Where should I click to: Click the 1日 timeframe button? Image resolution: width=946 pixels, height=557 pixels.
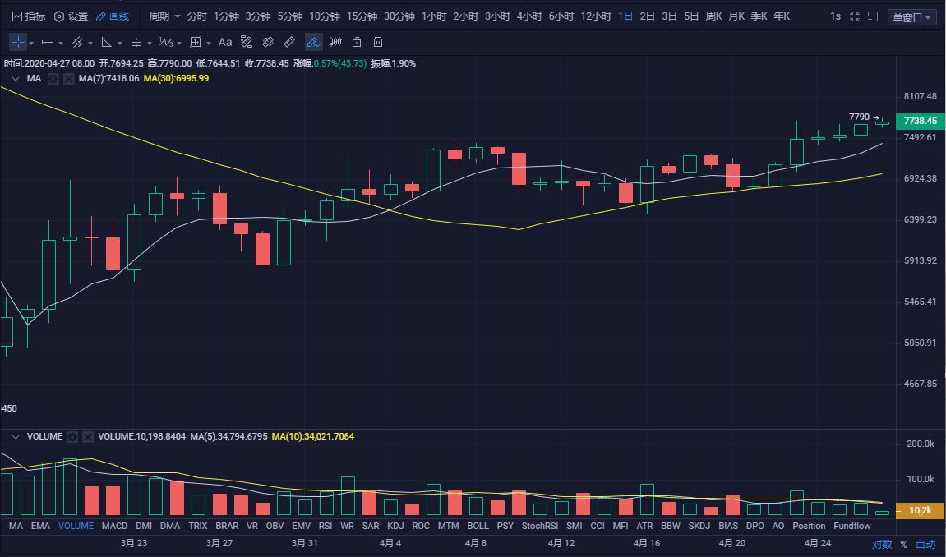625,16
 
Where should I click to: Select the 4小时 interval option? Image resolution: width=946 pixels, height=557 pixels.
529,16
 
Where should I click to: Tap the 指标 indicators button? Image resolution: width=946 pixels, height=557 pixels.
29,16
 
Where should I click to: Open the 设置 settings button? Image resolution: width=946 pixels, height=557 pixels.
72,16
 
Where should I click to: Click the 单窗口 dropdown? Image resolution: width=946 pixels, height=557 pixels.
912,17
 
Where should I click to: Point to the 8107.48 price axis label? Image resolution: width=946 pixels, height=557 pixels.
920,96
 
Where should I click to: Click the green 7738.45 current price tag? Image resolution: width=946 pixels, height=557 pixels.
920,122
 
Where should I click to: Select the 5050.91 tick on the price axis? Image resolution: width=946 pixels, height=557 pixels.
920,343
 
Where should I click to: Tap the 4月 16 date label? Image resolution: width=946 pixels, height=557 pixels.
646,543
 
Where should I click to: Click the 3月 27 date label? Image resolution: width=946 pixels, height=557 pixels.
219,543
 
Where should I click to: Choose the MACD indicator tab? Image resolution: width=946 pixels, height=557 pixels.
115,526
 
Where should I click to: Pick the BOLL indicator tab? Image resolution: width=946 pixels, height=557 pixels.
478,526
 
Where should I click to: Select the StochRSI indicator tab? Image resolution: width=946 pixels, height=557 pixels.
539,526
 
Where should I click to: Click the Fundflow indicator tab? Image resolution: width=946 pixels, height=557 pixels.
851,526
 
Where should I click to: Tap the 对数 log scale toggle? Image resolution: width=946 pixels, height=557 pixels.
881,544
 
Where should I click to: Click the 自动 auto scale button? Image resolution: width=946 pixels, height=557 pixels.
925,544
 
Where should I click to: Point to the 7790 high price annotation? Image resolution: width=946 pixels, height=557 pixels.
859,117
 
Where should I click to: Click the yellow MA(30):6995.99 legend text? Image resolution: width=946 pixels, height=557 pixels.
176,79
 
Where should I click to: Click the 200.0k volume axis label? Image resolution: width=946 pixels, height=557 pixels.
920,444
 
